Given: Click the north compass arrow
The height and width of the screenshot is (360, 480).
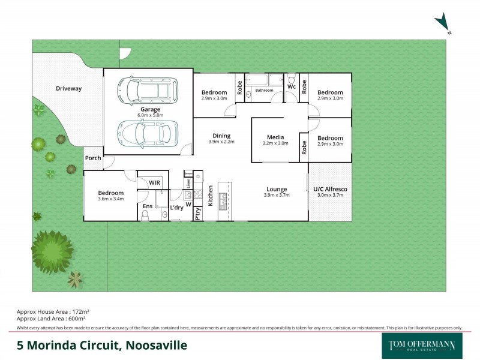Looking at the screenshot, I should click(443, 23).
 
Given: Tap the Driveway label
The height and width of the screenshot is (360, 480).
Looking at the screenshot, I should click(68, 89).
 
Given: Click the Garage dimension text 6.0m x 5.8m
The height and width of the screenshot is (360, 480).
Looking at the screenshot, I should click(150, 115).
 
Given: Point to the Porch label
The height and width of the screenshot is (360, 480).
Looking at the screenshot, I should click(93, 158).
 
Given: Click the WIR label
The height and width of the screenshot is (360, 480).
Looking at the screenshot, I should click(154, 182).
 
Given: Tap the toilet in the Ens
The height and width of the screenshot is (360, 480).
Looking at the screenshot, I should click(145, 214).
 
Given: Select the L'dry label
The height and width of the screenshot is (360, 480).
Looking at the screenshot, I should click(176, 208).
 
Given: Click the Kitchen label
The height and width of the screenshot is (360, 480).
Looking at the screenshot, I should click(211, 196).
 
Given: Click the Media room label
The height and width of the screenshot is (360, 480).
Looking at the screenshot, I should click(275, 137).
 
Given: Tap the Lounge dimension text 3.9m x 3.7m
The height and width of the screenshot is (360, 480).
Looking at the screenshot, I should click(277, 196).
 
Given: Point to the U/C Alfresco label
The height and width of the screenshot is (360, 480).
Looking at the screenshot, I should click(330, 190).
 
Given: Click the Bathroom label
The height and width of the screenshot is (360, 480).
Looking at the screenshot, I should click(264, 91).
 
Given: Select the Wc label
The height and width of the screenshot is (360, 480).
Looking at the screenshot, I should click(291, 87).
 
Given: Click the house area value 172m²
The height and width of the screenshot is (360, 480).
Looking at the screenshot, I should click(80, 312).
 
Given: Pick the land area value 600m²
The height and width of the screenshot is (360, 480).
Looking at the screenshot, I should click(79, 319).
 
